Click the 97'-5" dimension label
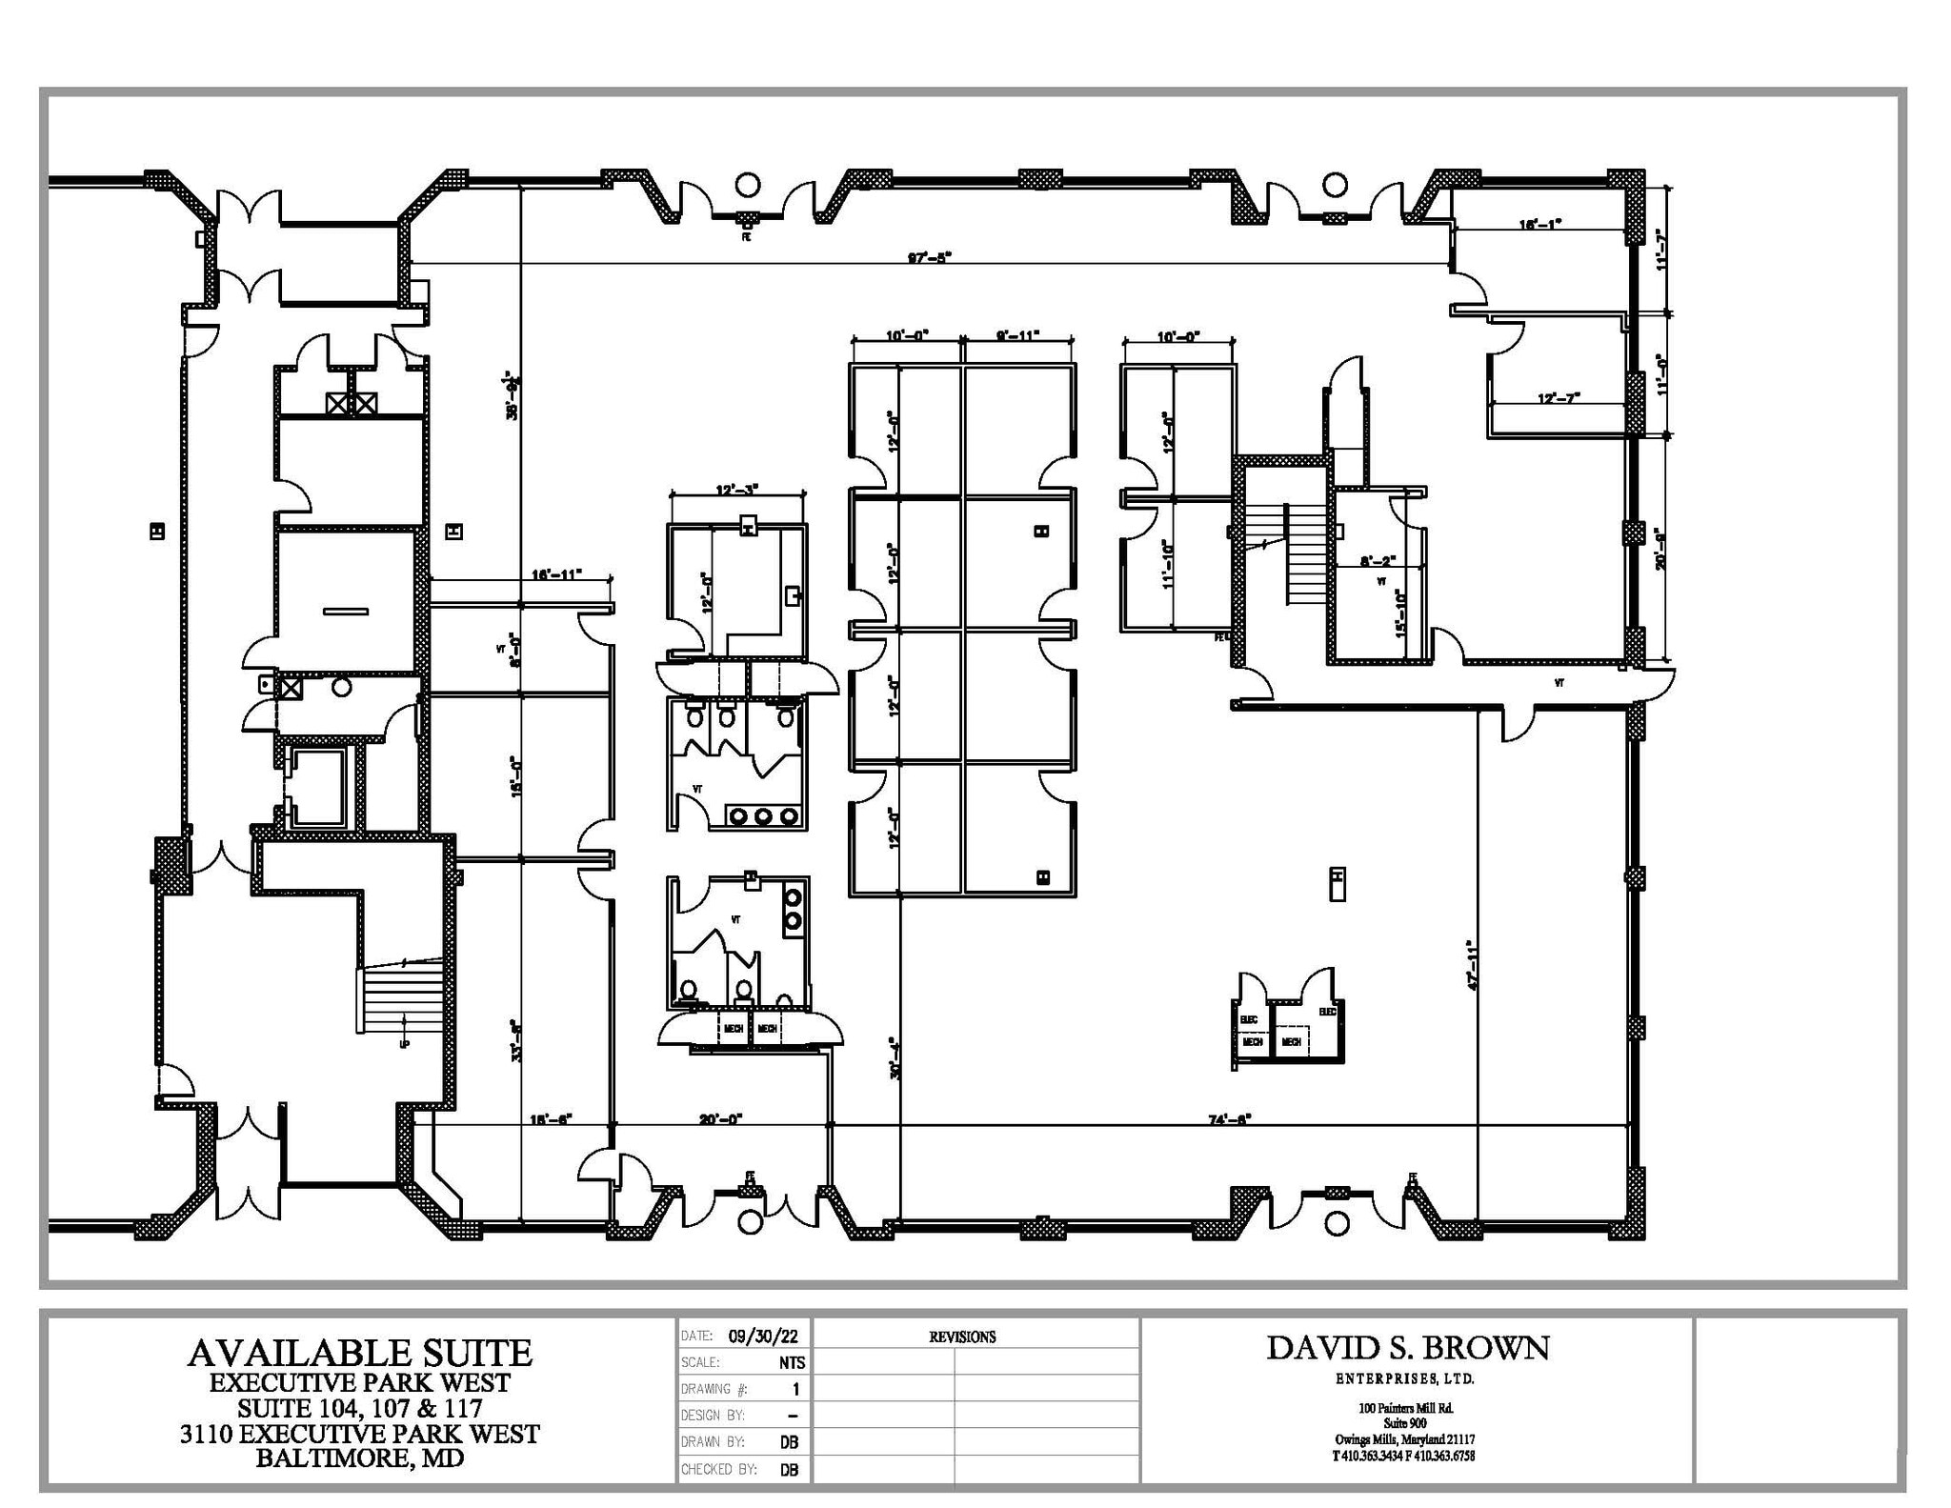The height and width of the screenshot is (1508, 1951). click(x=930, y=257)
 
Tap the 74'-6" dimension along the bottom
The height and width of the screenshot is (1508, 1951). click(x=1229, y=1119)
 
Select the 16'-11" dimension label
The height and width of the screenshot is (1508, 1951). click(x=556, y=574)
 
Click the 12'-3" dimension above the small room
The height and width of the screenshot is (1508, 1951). click(x=735, y=490)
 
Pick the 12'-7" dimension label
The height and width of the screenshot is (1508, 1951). click(x=1559, y=398)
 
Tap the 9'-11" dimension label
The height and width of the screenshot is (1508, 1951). click(x=1017, y=335)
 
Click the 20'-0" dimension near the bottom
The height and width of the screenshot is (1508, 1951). click(x=720, y=1119)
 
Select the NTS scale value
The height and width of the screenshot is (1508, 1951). click(x=791, y=1363)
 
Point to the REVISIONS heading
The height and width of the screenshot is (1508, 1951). click(x=962, y=1337)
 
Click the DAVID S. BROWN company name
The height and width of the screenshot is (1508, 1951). click(x=1407, y=1348)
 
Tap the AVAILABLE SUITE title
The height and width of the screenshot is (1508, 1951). click(x=359, y=1353)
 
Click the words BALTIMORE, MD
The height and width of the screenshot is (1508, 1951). click(x=359, y=1458)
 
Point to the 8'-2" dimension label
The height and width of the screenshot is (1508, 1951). click(x=1378, y=562)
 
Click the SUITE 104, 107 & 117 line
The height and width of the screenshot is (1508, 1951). click(x=359, y=1407)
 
